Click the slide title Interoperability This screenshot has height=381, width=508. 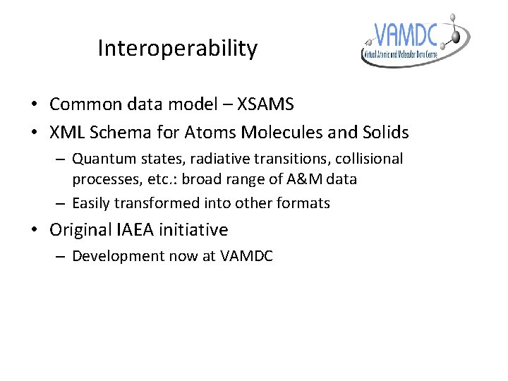click(178, 49)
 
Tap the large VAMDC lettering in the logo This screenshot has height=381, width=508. click(406, 35)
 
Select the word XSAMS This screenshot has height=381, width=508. click(266, 104)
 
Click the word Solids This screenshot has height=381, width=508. click(384, 132)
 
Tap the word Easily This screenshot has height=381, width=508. click(92, 203)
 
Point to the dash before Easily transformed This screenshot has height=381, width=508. click(61, 203)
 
